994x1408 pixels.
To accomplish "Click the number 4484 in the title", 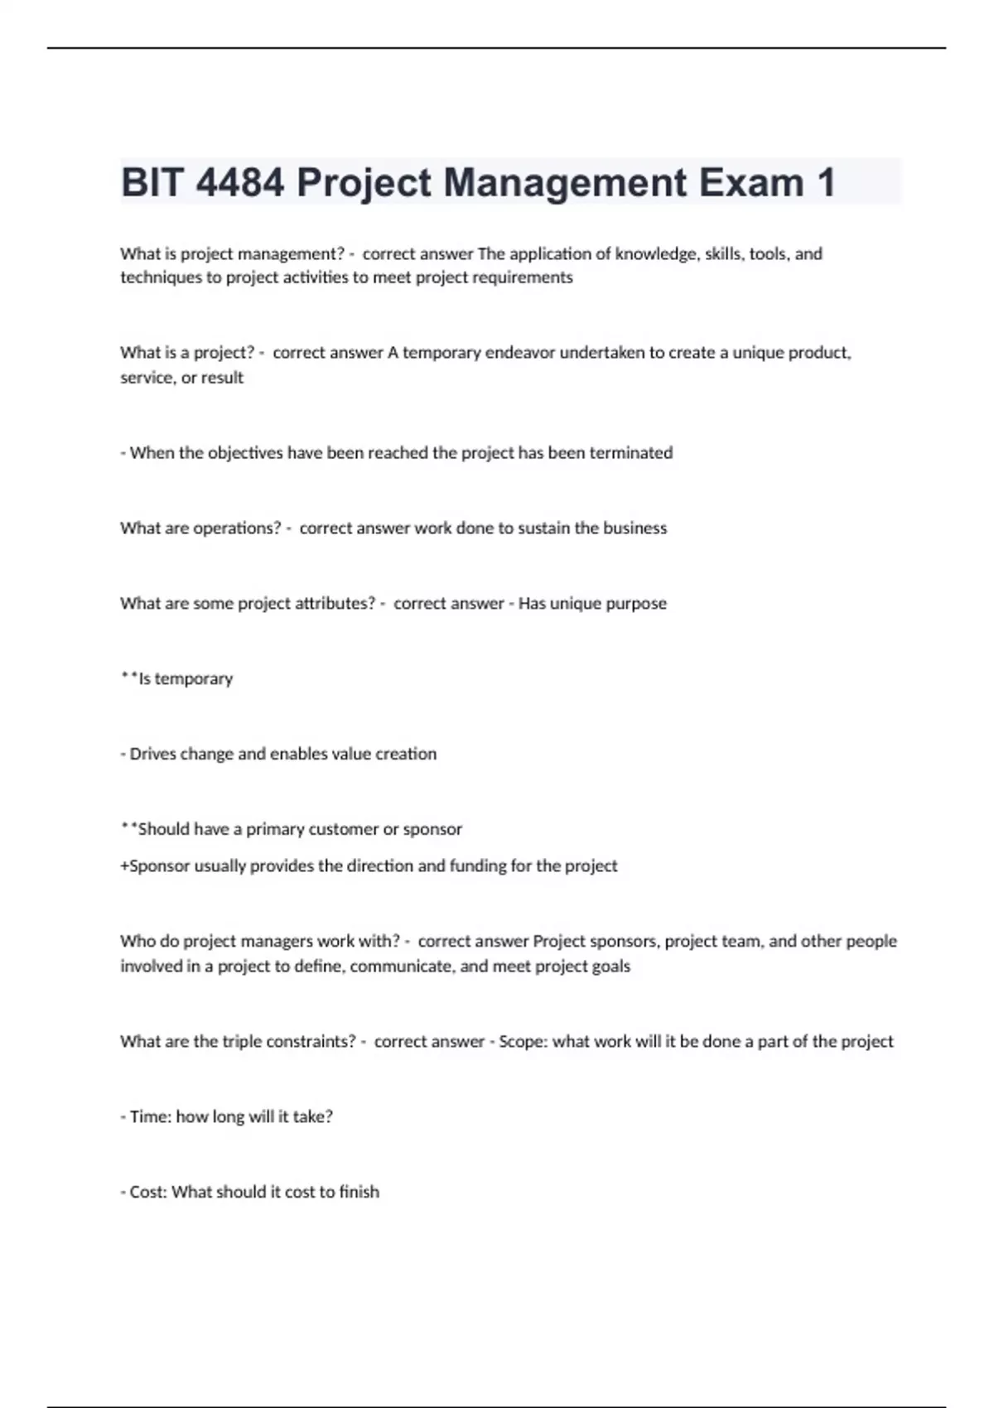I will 239,182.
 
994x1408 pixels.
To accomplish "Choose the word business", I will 635,528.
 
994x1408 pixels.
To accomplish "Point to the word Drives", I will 152,754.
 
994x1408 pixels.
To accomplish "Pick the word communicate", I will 402,967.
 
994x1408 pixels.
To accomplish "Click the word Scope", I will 520,1042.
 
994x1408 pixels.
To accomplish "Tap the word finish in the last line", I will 359,1193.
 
